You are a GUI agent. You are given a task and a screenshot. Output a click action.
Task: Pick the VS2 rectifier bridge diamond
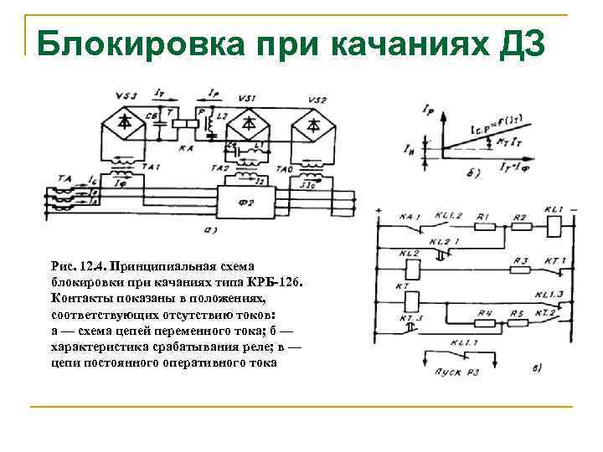312,124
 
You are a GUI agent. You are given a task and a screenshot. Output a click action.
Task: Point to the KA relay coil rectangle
183,122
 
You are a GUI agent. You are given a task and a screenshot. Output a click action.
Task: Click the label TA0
286,168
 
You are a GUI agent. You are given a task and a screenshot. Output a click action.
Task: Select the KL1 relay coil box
553,223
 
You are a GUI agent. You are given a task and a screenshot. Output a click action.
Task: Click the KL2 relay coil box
411,269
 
